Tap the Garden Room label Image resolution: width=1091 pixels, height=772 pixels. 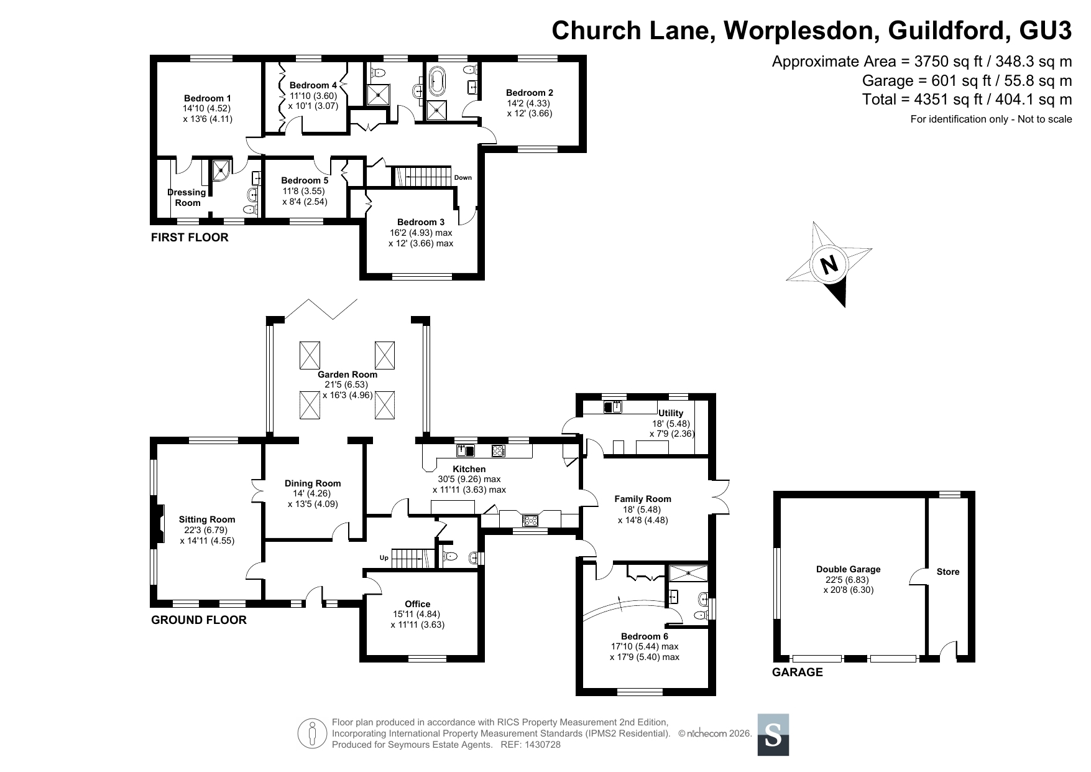[348, 374]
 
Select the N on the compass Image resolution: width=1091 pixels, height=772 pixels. [829, 265]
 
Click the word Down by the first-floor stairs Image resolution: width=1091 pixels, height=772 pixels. [463, 178]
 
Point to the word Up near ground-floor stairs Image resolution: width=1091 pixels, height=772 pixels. [384, 558]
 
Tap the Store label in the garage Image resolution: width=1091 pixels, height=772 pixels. [948, 572]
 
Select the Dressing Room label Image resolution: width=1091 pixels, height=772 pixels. [187, 198]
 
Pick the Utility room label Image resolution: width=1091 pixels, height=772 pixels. [671, 413]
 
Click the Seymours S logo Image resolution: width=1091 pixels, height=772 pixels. [773, 735]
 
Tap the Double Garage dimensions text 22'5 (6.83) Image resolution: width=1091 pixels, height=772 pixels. [849, 579]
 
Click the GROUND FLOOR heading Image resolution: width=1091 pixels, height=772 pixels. [199, 620]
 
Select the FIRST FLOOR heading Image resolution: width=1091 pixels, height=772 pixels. [190, 238]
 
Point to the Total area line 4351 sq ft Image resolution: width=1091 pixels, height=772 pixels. [967, 100]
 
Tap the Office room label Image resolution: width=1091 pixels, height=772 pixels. [417, 604]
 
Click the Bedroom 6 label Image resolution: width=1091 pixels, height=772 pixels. [644, 636]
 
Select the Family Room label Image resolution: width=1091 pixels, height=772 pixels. [643, 499]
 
